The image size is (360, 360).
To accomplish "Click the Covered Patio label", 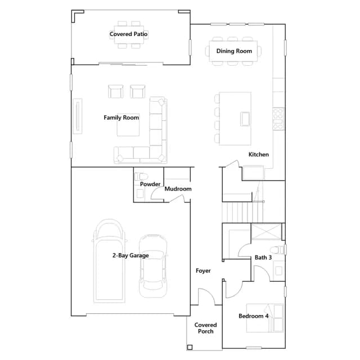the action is (x=128, y=34).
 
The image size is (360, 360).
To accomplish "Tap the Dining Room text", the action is (x=234, y=51).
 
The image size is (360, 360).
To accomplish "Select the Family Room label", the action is (x=121, y=118).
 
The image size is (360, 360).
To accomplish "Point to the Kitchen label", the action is (x=259, y=154).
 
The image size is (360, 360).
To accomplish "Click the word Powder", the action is (x=150, y=184).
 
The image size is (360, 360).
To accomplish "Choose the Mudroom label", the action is (x=178, y=189).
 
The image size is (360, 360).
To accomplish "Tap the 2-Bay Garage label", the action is (x=130, y=255).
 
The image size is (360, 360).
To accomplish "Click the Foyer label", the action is (x=203, y=271).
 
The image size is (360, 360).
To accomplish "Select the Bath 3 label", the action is (x=263, y=258).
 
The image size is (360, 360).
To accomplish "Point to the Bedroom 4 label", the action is (x=254, y=316).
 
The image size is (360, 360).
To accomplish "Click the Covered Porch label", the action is (x=205, y=328).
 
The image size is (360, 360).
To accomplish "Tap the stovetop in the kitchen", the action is (x=278, y=119).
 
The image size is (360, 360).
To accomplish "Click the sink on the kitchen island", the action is (x=245, y=119).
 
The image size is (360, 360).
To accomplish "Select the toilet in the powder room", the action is (x=141, y=177).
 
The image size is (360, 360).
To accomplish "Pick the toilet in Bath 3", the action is (x=277, y=250).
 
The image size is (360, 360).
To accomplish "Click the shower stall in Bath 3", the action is (x=266, y=232).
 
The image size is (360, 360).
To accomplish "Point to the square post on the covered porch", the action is (x=190, y=348).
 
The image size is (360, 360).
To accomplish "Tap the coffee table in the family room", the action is (x=128, y=125).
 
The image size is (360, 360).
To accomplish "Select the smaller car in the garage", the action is (x=153, y=266).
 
